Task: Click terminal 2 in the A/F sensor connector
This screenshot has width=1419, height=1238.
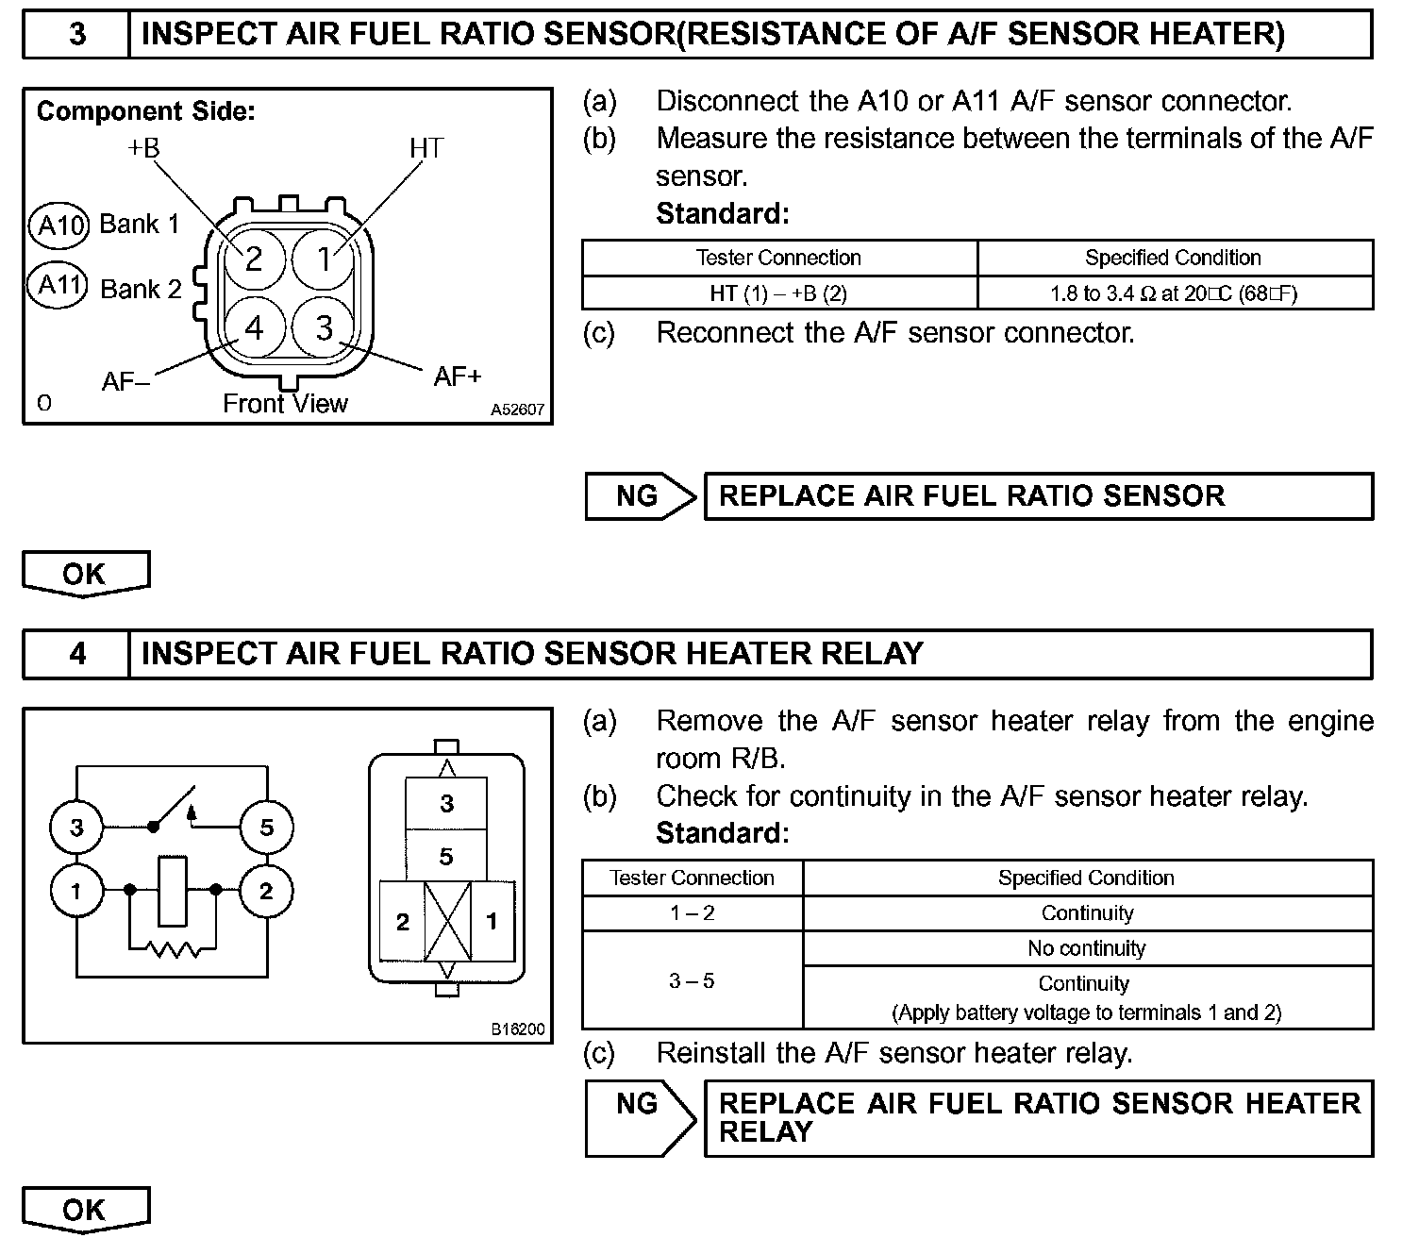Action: click(254, 259)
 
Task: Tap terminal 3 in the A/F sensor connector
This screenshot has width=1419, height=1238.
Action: click(325, 328)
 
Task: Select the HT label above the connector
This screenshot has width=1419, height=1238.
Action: click(426, 148)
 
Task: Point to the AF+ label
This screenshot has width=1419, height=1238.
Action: click(458, 376)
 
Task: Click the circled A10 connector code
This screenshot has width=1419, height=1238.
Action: click(58, 225)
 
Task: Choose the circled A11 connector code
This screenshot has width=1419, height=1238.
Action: click(58, 284)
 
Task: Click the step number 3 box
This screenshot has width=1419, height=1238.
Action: click(76, 35)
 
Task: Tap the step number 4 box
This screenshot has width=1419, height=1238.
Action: click(76, 653)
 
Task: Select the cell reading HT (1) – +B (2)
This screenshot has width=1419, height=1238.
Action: click(779, 293)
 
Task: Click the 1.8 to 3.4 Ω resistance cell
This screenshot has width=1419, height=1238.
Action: click(1174, 293)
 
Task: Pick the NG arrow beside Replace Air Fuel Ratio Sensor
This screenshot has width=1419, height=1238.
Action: click(641, 496)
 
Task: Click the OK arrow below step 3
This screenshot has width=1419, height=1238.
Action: click(85, 574)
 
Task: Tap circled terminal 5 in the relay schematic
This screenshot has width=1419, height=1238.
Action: click(266, 828)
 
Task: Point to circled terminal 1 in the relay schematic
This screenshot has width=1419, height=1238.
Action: click(76, 891)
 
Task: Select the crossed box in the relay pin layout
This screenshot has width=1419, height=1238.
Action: click(447, 921)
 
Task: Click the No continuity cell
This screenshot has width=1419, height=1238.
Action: click(1087, 948)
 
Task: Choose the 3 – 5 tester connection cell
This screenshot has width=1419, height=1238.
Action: click(692, 981)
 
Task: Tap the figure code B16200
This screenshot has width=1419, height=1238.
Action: click(517, 1029)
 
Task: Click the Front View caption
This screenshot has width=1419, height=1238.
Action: click(285, 404)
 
